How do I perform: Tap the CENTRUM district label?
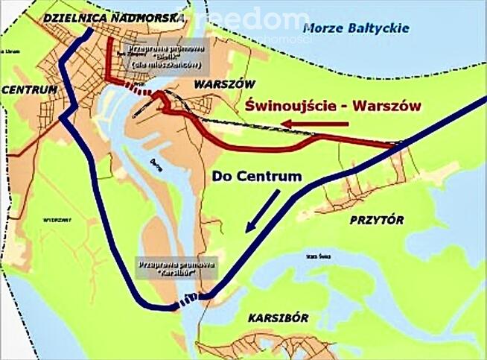click(x=30, y=89)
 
